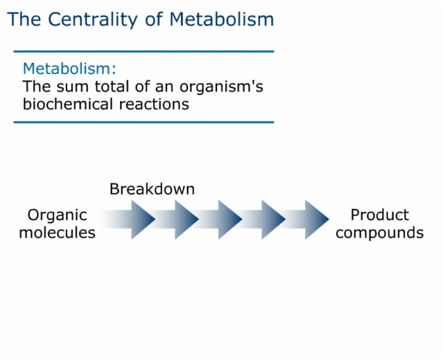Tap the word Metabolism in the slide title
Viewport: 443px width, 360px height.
click(221, 19)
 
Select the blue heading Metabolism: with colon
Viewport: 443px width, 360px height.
click(70, 68)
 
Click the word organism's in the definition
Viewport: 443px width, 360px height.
click(221, 87)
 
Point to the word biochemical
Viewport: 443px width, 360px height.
click(68, 104)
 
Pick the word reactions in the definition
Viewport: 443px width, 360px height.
click(154, 104)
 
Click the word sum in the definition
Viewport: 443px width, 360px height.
click(73, 87)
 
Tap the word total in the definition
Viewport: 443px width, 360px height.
click(111, 87)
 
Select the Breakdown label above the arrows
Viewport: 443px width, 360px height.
click(152, 189)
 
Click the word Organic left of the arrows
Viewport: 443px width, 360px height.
click(57, 215)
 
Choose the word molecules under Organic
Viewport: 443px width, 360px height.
click(57, 233)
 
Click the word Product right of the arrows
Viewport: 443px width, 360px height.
click(380, 215)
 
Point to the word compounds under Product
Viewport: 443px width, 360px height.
click(380, 233)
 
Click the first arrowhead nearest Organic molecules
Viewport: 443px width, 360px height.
click(142, 220)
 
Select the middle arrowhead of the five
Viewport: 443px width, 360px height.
click(230, 220)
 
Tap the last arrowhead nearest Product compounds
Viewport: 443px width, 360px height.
click(316, 220)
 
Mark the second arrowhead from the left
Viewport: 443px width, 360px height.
click(186, 220)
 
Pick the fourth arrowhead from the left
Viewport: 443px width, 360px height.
click(273, 220)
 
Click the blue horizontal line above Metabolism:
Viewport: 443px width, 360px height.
click(144, 51)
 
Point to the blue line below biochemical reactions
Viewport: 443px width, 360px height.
click(144, 122)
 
